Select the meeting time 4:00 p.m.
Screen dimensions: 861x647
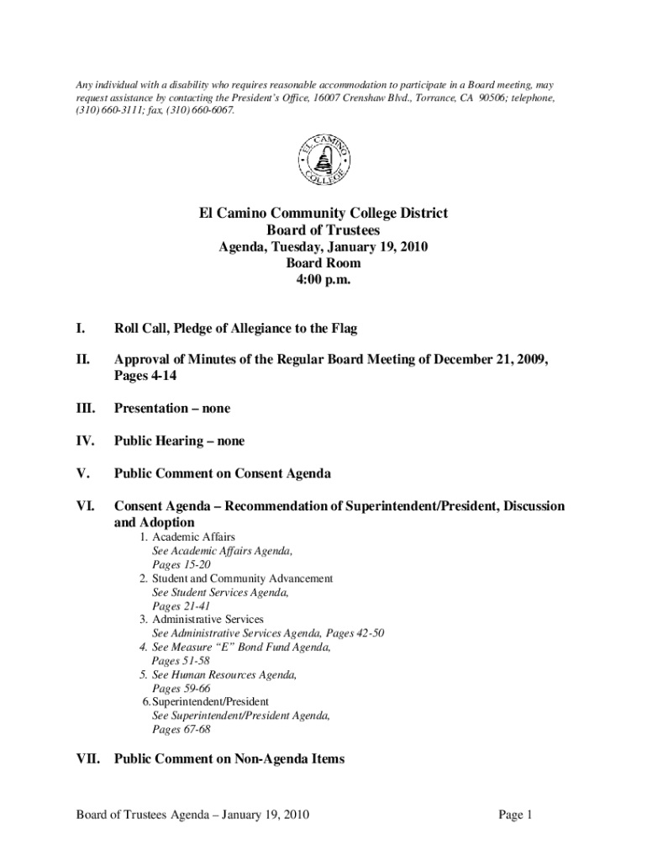coord(323,279)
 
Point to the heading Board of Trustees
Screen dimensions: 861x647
coord(323,230)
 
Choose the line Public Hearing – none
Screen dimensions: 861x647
coord(179,441)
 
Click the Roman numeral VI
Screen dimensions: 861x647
coord(85,507)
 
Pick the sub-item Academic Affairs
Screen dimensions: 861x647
coord(193,536)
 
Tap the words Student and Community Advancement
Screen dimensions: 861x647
coord(242,578)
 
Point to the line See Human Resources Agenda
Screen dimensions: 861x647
coord(224,674)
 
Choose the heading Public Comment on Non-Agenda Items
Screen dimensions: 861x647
coord(229,759)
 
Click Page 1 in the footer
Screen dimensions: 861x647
coord(516,816)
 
